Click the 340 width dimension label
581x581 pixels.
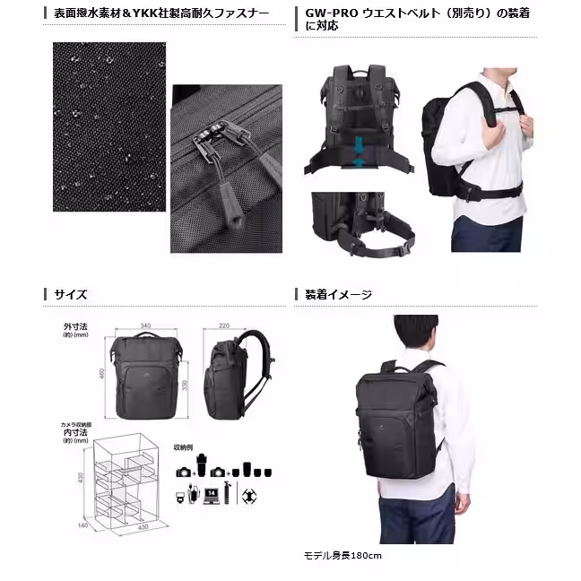144,326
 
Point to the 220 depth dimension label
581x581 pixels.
224,326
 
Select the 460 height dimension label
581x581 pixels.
101,372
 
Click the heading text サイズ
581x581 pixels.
71,293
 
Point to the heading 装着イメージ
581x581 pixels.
338,293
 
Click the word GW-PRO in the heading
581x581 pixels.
326,14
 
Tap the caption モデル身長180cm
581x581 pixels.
343,556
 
